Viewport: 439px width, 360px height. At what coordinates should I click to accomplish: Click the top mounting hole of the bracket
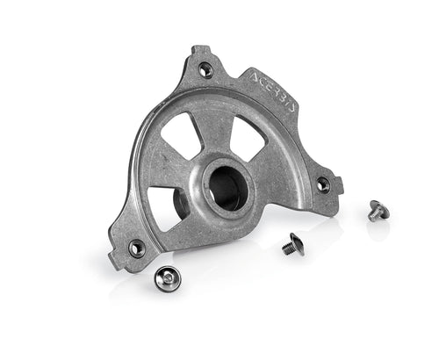pyautogui.click(x=205, y=69)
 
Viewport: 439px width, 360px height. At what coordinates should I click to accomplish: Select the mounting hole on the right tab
pyautogui.click(x=323, y=185)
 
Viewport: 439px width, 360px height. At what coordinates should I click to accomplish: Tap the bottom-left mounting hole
pyautogui.click(x=137, y=248)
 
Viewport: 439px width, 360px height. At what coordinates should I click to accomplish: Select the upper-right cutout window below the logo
pyautogui.click(x=248, y=138)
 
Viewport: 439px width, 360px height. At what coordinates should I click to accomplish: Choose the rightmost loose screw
pyautogui.click(x=378, y=211)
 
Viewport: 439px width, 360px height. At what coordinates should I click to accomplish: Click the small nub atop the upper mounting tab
pyautogui.click(x=199, y=49)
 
